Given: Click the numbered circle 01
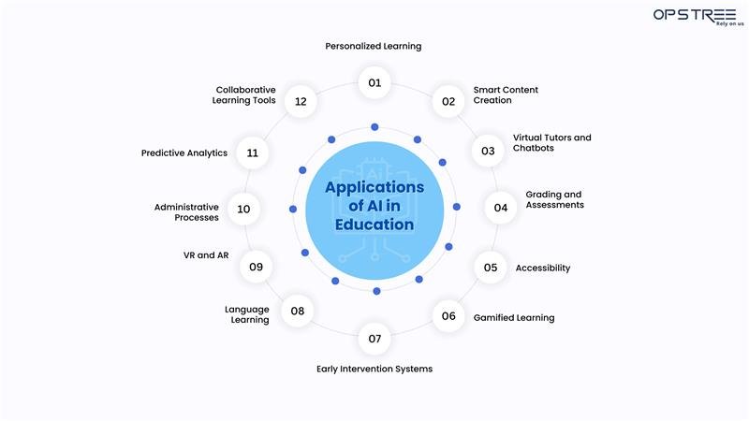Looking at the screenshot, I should pos(374,82).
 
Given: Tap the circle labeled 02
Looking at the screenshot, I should pos(448,101).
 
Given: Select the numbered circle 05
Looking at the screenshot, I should pos(491,268).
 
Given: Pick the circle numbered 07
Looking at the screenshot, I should pos(374,338).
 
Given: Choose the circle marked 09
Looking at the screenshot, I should pos(256,267).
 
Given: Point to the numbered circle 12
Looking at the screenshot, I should pos(301,101).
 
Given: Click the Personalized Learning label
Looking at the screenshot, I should pos(374,46).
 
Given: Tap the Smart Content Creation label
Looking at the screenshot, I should pos(506,95).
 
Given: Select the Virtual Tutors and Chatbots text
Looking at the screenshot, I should pos(551,143).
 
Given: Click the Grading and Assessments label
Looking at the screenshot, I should pos(554,199).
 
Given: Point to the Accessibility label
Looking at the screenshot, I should pos(542,269).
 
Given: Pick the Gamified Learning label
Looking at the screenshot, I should pos(513,318).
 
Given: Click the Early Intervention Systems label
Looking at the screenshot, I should pos(374,370).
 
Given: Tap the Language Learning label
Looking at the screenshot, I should pos(247,314).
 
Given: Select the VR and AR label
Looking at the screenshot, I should pos(206,255).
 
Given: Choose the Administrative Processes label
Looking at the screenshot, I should pos(186,211).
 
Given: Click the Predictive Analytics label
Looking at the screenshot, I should pos(184,152).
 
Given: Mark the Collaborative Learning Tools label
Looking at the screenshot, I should pos(245,95).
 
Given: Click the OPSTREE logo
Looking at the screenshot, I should pos(694,17).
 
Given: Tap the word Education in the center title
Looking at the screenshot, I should pos(374,225).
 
